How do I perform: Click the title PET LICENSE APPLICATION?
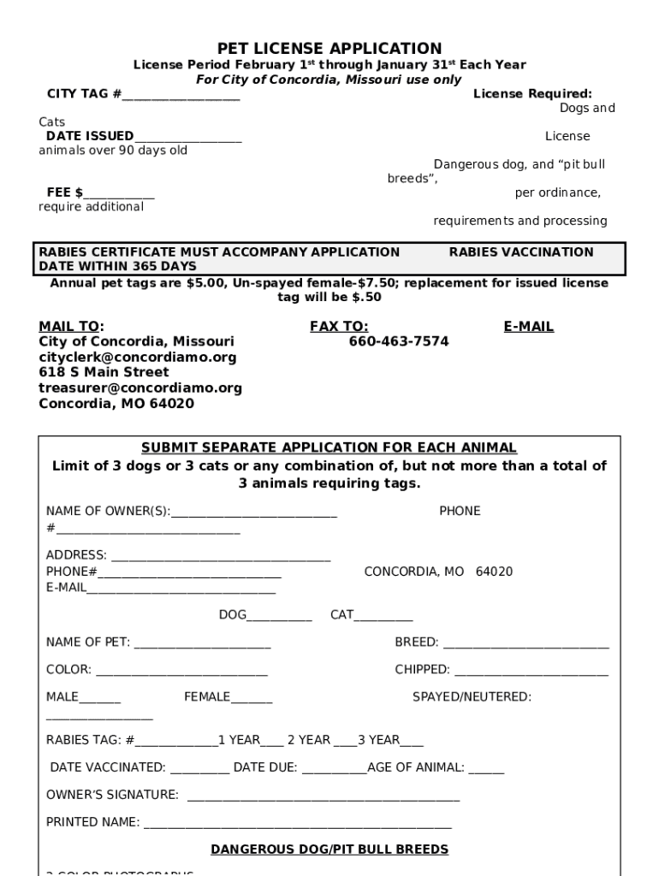point(329,49)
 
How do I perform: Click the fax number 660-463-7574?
point(398,341)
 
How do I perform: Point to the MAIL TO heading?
point(71,326)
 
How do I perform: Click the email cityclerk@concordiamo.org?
point(137,357)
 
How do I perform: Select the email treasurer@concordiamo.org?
point(140,388)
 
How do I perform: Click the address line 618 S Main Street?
point(104,372)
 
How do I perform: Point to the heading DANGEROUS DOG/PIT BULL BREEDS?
point(329,849)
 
